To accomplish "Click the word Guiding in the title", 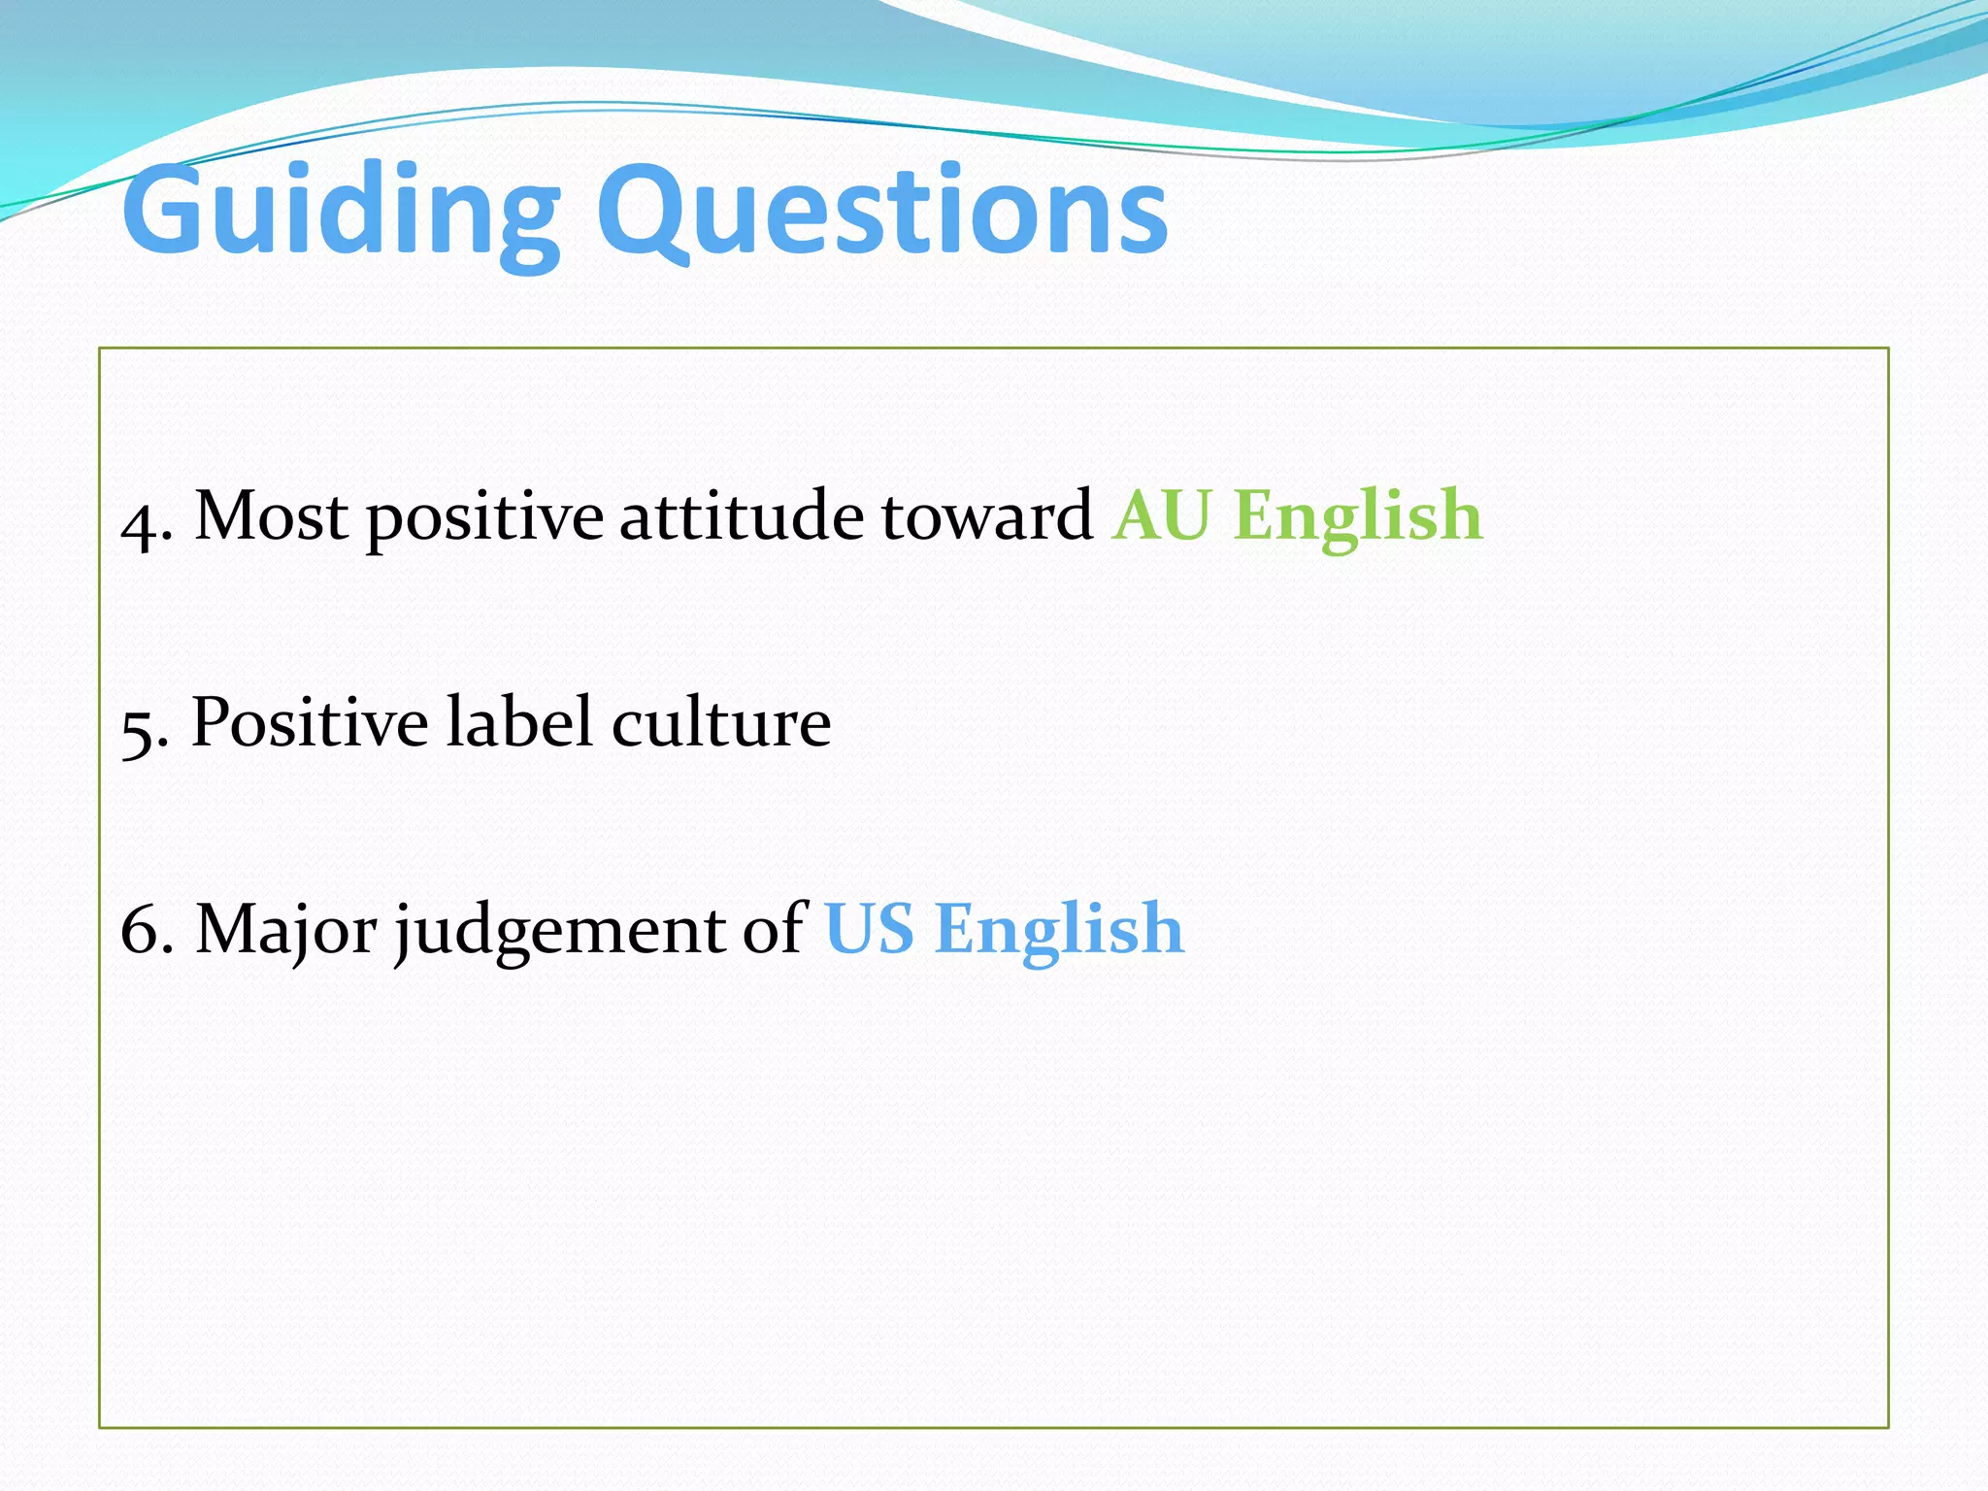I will [x=340, y=212].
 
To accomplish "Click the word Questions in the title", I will [x=881, y=212].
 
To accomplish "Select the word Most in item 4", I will [x=271, y=516].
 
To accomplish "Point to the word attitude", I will [x=741, y=516].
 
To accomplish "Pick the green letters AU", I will [x=1162, y=516].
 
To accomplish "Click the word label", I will [x=518, y=723].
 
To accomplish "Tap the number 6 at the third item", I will [x=139, y=931].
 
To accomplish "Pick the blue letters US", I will [x=869, y=930].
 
